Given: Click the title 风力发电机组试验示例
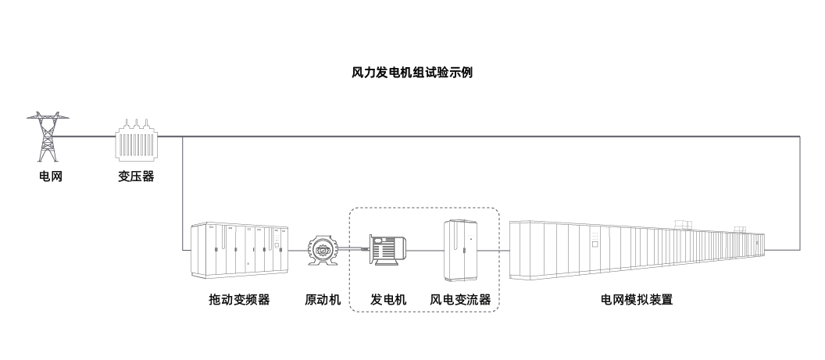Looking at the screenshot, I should (412, 73).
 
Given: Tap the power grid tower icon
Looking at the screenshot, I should (49, 137).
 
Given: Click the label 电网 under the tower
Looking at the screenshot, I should (50, 176).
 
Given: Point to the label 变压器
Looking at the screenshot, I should (136, 176).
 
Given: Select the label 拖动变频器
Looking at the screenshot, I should (238, 299).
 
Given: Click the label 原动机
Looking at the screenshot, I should (323, 299).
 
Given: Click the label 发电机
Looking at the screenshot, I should (388, 299).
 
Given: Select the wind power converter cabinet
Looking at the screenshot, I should (461, 250).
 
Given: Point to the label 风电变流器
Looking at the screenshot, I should (461, 299).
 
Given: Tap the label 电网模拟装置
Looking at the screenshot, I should (637, 299).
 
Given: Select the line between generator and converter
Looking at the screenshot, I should (426, 251).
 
